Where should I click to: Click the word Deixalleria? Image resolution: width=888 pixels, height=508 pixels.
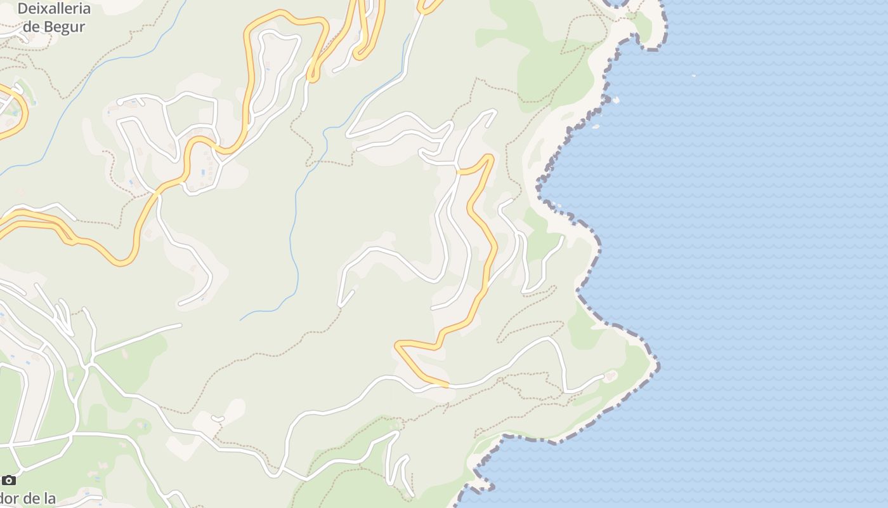55,9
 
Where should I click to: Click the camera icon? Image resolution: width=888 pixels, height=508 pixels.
8,480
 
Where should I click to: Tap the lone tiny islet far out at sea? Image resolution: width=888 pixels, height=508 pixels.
693,76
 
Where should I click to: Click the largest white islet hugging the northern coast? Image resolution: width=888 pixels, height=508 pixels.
615,100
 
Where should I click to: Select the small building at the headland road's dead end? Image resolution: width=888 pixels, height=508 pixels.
611,376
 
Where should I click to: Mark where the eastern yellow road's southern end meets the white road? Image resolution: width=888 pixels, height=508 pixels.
448,385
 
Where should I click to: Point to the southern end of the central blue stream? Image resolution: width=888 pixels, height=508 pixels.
241,319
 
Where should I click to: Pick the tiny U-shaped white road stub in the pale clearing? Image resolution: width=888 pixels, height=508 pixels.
218,418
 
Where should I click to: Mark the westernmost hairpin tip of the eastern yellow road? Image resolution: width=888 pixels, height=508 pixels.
397,344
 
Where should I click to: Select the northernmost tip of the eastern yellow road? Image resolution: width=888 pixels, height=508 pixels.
488,155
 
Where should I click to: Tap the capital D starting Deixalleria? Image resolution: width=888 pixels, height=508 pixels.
23,9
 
